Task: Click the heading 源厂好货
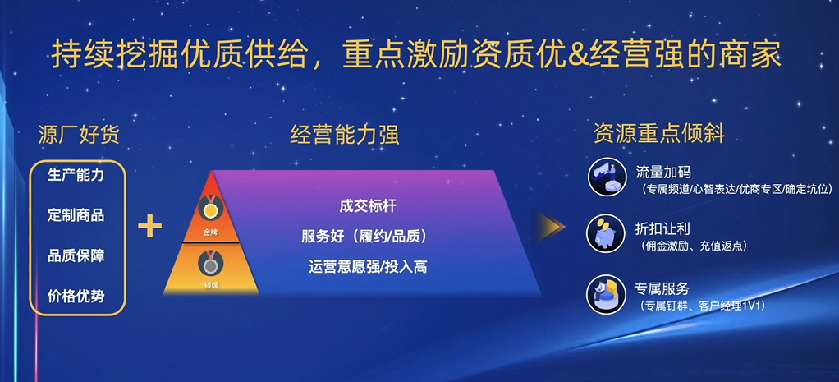[x=78, y=134]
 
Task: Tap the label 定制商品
[x=76, y=216]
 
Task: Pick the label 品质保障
[x=76, y=255]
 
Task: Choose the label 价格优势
[x=76, y=295]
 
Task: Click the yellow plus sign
[x=149, y=225]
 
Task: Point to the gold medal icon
[x=212, y=209]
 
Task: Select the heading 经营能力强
[x=345, y=135]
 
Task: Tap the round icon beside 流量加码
[x=605, y=178]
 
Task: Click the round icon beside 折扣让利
[x=605, y=233]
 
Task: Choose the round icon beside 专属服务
[x=605, y=294]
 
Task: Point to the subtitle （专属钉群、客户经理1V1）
[x=702, y=306]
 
